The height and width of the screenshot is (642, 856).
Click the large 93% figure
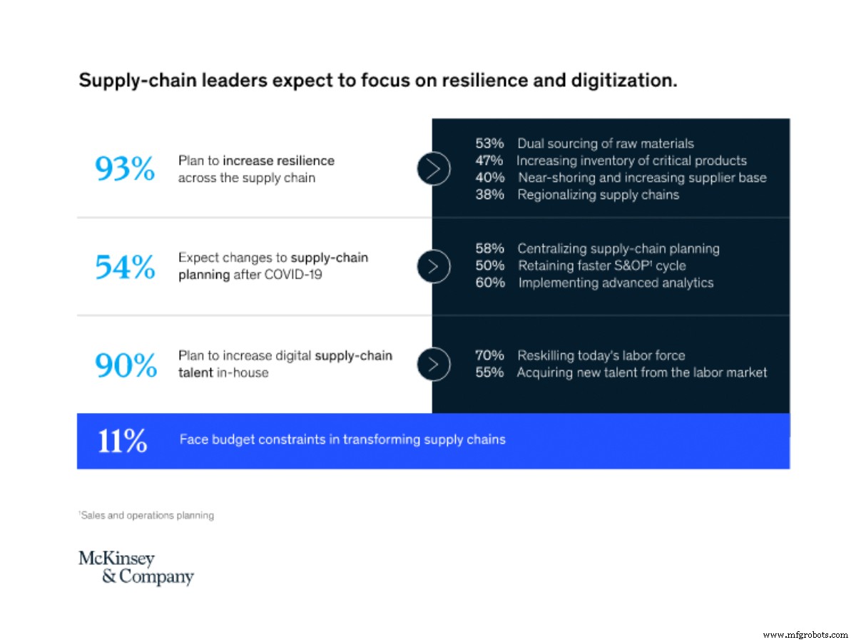tap(125, 169)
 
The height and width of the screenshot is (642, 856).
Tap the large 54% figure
tap(125, 266)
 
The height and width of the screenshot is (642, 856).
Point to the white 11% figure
tap(122, 440)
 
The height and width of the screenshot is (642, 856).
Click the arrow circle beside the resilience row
tap(433, 169)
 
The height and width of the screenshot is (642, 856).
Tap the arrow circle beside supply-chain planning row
tap(433, 266)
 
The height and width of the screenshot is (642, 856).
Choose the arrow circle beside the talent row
tap(433, 364)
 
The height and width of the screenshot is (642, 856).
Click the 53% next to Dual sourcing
tap(490, 143)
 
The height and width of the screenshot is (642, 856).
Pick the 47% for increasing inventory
tap(490, 160)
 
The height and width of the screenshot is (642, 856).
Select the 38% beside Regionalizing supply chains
tap(490, 195)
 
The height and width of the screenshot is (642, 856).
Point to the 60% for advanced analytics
tap(490, 282)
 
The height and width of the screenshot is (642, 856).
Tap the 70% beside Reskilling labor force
tap(490, 355)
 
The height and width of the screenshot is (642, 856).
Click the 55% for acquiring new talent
tap(490, 372)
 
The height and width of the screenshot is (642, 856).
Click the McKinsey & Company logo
tap(136, 568)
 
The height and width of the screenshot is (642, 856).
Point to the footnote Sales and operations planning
tap(146, 515)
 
